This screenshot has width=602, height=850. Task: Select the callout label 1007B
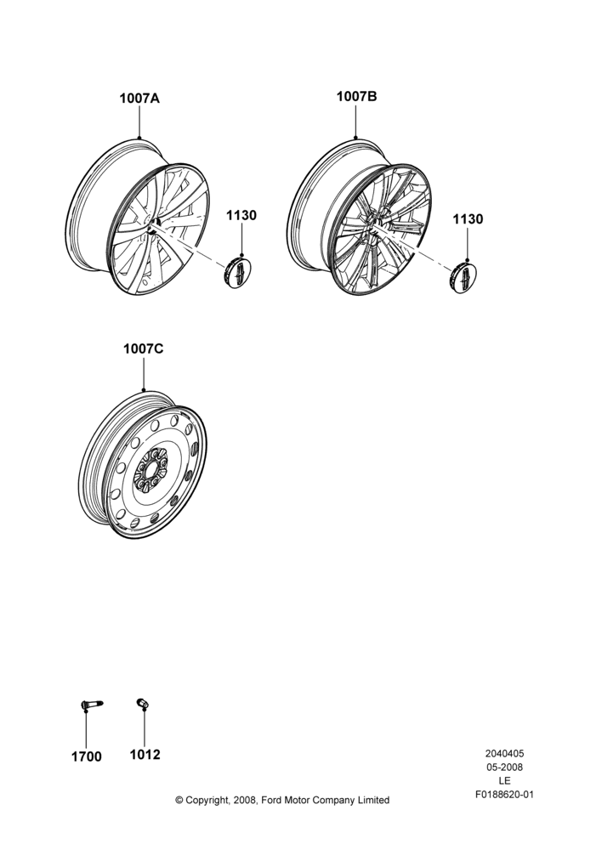tap(356, 97)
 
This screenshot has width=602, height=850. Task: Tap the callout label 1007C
tap(143, 348)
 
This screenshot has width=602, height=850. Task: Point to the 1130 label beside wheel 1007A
tap(241, 215)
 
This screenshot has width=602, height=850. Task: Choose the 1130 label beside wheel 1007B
tap(468, 219)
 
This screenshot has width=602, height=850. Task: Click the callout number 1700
tap(86, 756)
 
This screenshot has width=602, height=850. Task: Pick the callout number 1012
tap(145, 755)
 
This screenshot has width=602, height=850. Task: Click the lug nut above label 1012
tap(143, 703)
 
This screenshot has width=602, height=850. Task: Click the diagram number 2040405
tap(504, 753)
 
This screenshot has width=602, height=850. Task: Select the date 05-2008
tap(504, 767)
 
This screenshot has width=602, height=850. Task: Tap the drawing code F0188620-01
tap(504, 795)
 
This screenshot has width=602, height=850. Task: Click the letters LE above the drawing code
tap(504, 781)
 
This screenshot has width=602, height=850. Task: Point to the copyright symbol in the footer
tap(179, 800)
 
